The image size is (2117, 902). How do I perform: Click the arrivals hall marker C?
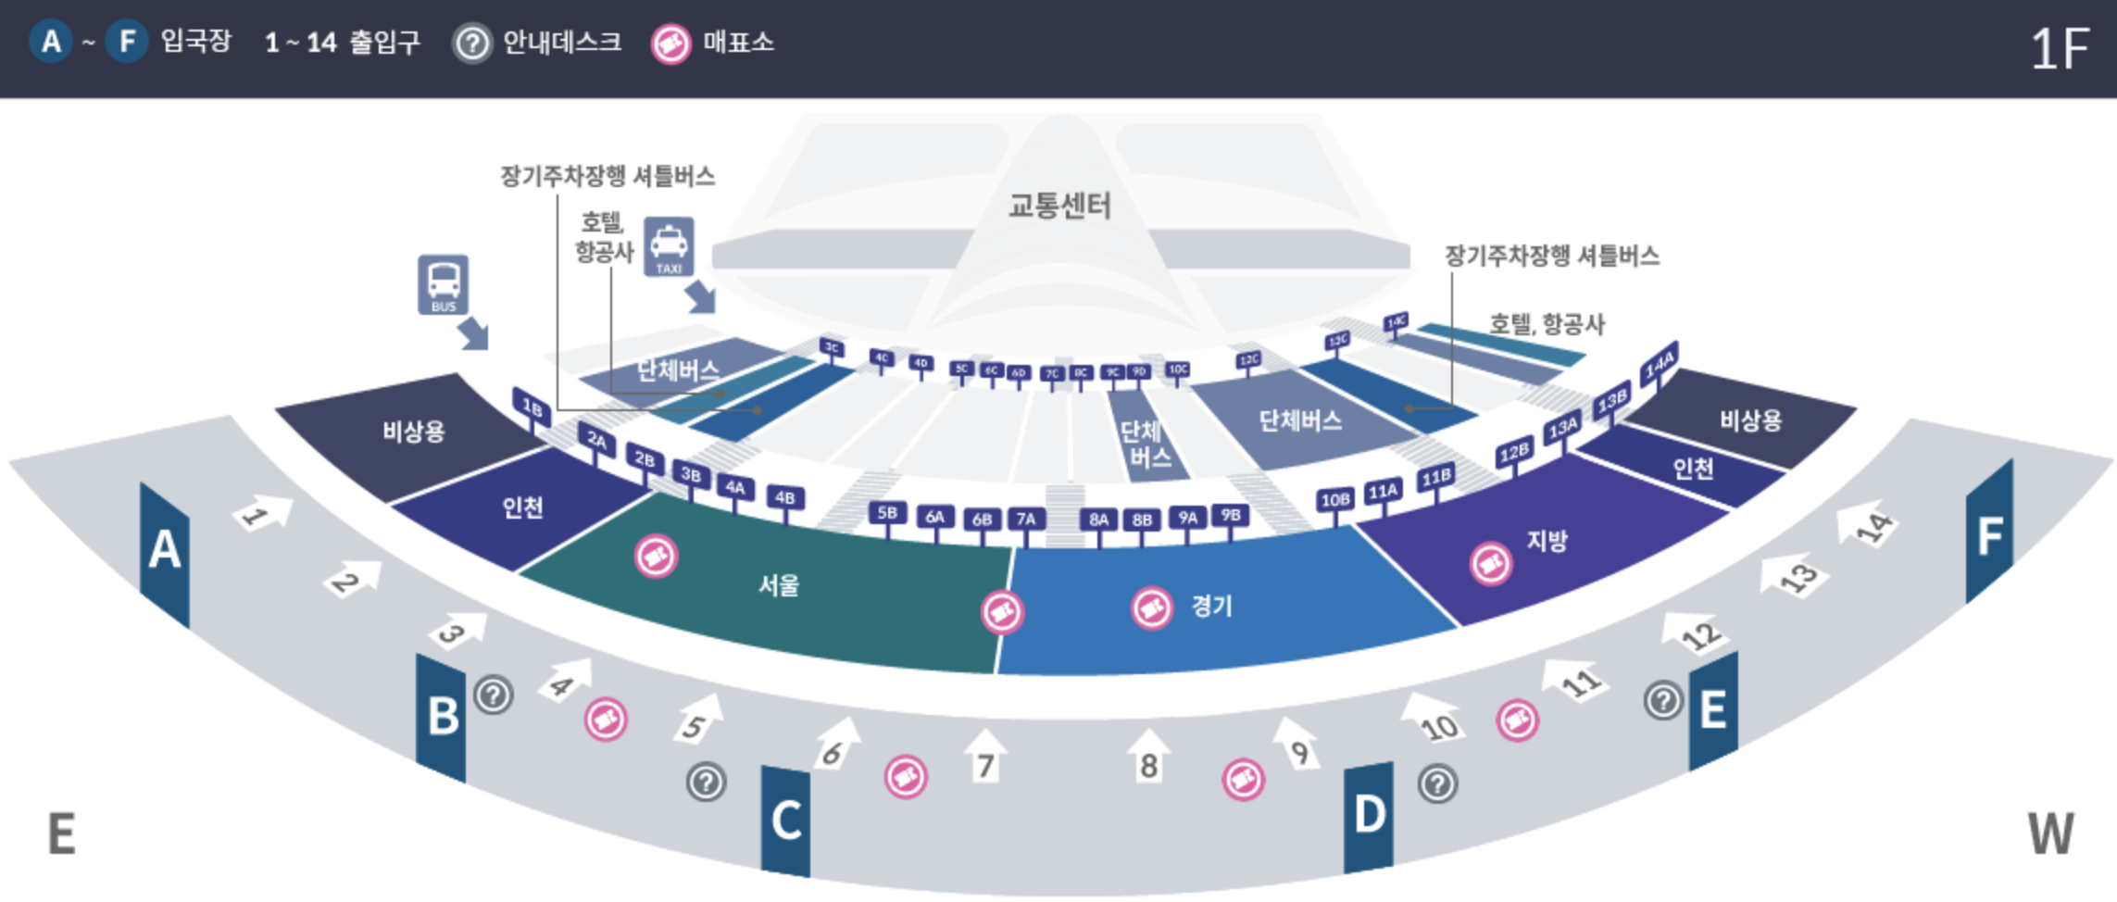785,821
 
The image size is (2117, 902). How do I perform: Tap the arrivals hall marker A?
165,551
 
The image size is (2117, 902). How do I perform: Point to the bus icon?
443,284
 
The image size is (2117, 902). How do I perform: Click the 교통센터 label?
1059,205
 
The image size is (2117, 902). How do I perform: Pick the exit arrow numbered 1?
262,513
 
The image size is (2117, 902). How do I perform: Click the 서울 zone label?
778,585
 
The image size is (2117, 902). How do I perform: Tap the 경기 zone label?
1211,607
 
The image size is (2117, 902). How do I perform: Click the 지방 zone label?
1547,541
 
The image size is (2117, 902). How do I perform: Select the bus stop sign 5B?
887,514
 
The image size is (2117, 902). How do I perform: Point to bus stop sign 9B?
1230,515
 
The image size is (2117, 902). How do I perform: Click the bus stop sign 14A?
1659,362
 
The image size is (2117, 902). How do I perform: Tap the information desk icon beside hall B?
494,695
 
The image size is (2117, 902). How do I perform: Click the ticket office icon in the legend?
670,44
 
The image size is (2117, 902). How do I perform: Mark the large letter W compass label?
2050,833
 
